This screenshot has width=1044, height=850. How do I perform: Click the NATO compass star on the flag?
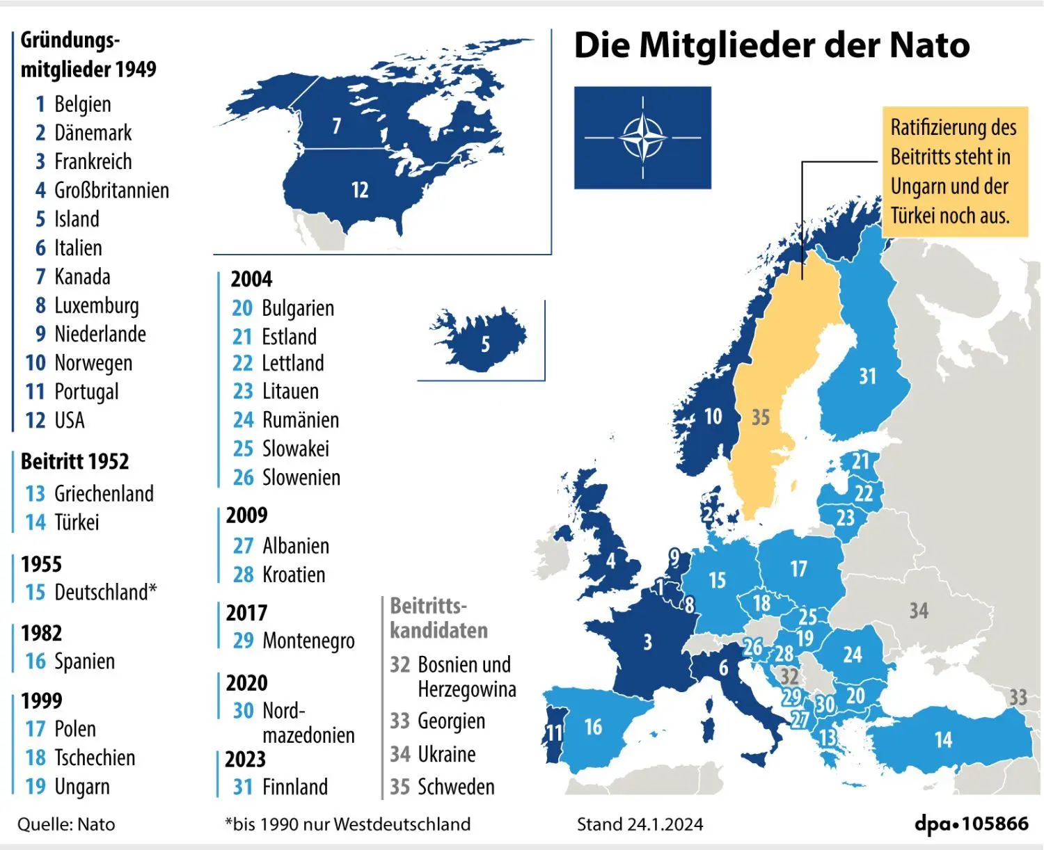pos(642,138)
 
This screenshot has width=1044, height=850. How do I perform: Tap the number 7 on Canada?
pos(337,126)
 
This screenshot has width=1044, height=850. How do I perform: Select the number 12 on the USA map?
pos(360,190)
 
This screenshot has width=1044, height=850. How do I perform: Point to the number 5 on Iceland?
pos(485,344)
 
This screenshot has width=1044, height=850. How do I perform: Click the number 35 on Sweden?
pos(761,417)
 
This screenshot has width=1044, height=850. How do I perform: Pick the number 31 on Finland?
pos(867,376)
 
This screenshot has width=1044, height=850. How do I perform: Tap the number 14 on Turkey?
pos(943,739)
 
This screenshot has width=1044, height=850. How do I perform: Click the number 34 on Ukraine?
pos(919,611)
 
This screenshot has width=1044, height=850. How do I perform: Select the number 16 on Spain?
pos(593,728)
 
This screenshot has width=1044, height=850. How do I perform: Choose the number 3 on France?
pos(648,641)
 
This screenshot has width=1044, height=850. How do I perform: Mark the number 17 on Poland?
pos(798,569)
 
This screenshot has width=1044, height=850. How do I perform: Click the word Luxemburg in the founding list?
pos(97,305)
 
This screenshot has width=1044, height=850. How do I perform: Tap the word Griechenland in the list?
pos(104,494)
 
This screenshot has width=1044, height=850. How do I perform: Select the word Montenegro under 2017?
pos(308,641)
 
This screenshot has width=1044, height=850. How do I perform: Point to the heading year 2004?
pos(251,279)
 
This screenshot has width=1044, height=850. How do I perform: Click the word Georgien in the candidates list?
pos(451,721)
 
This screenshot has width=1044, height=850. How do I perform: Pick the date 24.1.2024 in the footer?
pos(665,824)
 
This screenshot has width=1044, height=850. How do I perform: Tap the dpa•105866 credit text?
pos(972,824)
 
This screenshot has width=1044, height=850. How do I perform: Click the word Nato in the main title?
pos(929,45)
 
